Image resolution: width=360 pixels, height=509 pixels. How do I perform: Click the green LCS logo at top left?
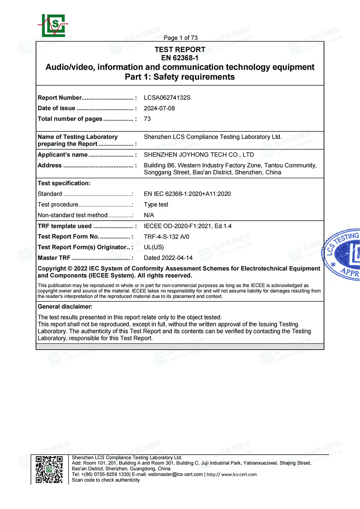(53, 26)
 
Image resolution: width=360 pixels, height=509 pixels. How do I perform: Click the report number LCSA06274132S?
(167, 98)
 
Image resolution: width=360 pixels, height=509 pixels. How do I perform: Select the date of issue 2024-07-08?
(159, 108)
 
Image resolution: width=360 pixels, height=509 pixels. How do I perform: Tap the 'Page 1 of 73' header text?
(180, 38)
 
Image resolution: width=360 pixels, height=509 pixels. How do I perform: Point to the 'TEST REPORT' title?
(180, 50)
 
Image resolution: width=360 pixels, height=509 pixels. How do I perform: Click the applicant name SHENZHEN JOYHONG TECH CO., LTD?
(199, 155)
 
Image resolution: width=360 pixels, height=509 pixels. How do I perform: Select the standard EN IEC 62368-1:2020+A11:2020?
(187, 194)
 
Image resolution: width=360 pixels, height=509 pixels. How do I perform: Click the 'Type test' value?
(156, 204)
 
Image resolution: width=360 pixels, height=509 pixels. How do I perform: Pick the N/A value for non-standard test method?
(149, 215)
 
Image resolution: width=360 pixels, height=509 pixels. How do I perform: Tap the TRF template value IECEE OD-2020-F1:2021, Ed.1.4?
(188, 226)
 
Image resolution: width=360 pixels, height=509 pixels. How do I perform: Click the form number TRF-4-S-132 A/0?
(166, 237)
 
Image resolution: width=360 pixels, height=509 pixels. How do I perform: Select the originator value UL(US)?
(154, 247)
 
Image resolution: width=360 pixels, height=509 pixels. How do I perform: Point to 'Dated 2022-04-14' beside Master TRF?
(168, 258)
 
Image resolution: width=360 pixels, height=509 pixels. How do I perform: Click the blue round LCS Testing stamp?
(343, 254)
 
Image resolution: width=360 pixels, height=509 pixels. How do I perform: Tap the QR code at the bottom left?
(49, 469)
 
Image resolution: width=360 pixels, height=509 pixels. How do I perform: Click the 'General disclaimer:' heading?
(65, 307)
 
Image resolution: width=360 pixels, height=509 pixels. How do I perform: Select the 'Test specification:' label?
(64, 183)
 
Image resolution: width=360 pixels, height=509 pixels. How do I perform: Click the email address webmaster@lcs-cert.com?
(175, 474)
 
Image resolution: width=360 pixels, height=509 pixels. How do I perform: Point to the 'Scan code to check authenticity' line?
(106, 480)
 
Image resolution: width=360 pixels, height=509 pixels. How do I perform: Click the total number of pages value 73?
(147, 119)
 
